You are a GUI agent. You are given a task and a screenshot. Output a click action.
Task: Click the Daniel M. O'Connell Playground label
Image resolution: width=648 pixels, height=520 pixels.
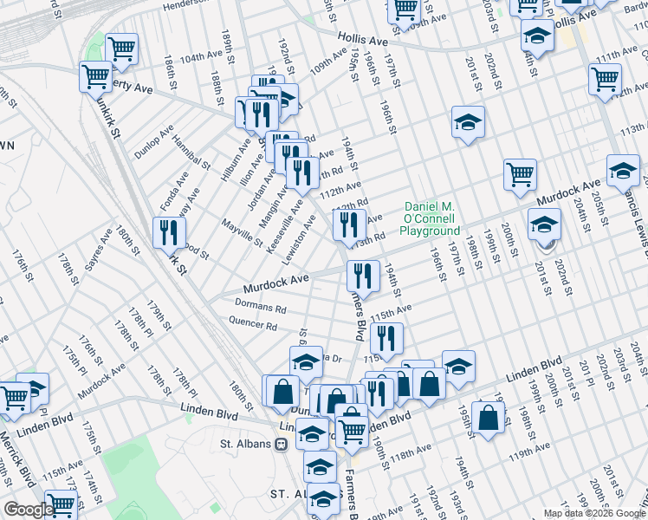430,219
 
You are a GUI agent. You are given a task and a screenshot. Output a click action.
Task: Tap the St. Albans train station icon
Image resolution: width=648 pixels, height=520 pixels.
281,444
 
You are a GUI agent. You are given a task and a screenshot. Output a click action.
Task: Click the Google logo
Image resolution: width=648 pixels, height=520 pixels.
29,510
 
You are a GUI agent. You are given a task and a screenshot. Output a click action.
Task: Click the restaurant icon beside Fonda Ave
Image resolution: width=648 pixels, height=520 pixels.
169,231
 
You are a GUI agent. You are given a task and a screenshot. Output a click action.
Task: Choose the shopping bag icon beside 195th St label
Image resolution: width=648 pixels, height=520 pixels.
489,417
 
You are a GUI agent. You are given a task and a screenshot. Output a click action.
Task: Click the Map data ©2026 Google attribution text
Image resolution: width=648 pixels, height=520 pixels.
593,513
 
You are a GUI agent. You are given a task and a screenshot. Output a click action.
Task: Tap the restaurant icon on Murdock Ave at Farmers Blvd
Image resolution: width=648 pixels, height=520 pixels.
363,276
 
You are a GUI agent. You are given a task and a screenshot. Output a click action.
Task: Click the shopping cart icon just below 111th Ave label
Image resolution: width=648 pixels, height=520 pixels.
605,79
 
